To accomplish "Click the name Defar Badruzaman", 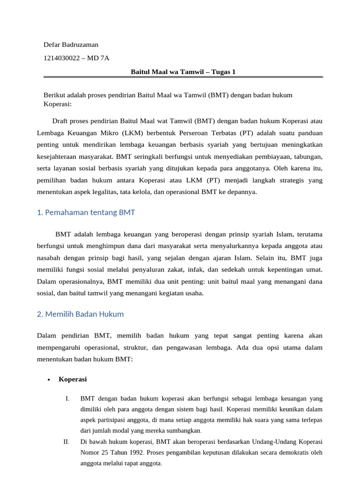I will [71, 45].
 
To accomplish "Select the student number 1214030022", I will [62, 58].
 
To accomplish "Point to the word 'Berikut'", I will [54, 95].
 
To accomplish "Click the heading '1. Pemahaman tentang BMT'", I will [86, 212].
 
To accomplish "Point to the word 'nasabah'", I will [49, 258].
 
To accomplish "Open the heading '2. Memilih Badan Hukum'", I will [80, 314].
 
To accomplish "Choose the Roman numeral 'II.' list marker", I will [66, 442].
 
